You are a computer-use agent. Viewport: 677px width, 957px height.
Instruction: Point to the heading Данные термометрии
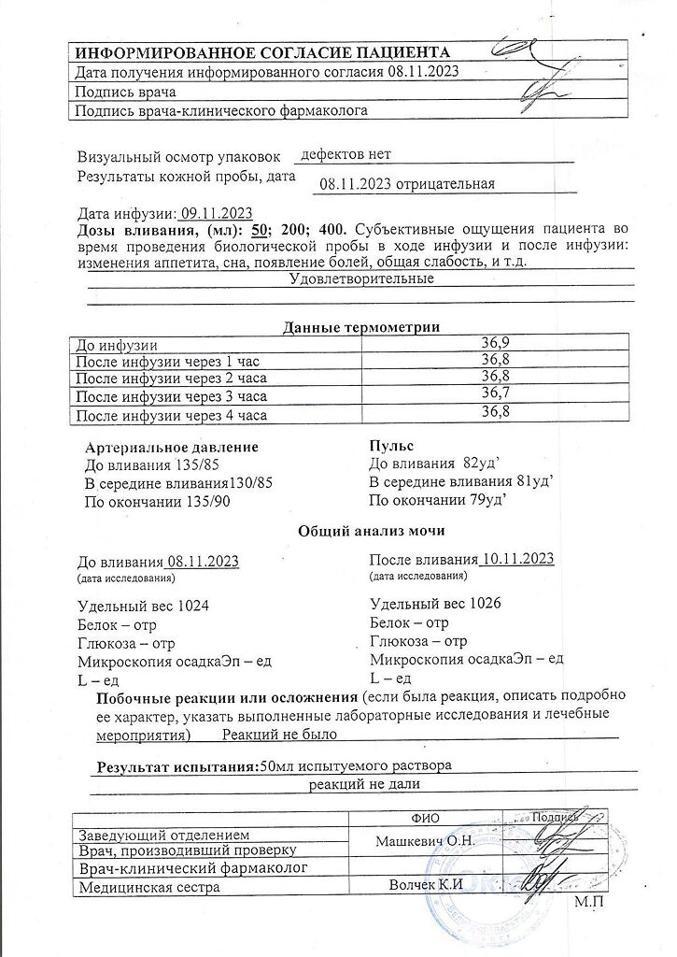point(361,326)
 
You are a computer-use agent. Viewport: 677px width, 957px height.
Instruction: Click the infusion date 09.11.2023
point(217,213)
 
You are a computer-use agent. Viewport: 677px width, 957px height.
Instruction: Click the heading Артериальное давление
point(171,447)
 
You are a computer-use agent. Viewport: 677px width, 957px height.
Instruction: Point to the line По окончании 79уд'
point(438,500)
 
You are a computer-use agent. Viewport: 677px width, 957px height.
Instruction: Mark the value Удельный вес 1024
point(142,606)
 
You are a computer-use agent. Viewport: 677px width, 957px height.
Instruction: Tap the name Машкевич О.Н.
point(426,840)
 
